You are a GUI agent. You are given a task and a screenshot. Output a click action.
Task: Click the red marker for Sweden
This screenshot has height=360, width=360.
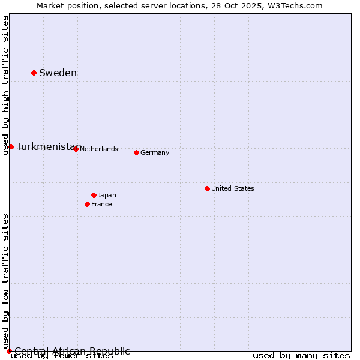(34, 73)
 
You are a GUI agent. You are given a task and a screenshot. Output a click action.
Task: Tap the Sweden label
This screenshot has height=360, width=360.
(58, 73)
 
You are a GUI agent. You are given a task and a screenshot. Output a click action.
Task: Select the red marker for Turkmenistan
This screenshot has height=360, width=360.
(11, 146)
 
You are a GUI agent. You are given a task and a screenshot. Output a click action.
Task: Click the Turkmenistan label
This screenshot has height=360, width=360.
(48, 147)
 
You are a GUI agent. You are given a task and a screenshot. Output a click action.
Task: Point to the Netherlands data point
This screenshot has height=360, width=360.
(76, 149)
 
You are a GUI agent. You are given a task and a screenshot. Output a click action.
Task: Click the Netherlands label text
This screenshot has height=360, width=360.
(98, 149)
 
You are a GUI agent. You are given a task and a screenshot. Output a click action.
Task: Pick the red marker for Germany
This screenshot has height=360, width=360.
(136, 152)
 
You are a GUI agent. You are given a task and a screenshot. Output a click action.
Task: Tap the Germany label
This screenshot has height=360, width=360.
(155, 152)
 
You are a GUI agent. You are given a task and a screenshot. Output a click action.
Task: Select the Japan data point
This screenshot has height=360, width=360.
(94, 195)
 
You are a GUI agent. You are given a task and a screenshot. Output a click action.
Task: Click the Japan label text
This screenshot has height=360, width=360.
(107, 195)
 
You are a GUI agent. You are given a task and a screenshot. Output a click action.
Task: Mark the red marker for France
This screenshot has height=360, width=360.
(87, 204)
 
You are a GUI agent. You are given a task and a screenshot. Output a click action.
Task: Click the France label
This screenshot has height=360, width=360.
(101, 204)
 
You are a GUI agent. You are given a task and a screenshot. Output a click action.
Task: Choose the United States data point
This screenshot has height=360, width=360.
(207, 188)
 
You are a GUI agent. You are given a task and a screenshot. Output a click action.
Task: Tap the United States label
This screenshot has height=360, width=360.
(233, 188)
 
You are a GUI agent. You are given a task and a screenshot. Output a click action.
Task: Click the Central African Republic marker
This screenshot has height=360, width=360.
(9, 351)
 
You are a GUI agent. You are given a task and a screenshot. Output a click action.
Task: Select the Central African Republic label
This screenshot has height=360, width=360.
(72, 351)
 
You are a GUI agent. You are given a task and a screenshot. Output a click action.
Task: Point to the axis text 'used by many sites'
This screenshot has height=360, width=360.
(301, 356)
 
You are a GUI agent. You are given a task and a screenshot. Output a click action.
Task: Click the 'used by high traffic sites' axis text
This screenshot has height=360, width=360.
(6, 85)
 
